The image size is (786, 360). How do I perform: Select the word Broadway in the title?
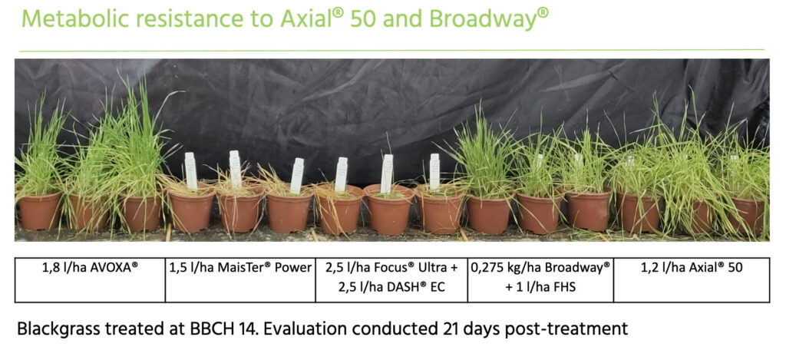483,18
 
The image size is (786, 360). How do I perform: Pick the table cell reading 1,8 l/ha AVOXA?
90,279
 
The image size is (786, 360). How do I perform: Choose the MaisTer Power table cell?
240,279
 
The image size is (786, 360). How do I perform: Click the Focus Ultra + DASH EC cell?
391,279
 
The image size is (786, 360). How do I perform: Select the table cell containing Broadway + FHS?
540,279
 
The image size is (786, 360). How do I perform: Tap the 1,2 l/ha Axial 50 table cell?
692,279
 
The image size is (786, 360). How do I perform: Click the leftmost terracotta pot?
40,210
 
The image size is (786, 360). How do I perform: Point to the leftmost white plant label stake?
190,170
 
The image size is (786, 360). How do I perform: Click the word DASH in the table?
402,288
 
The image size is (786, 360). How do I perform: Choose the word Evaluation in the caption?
292,329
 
